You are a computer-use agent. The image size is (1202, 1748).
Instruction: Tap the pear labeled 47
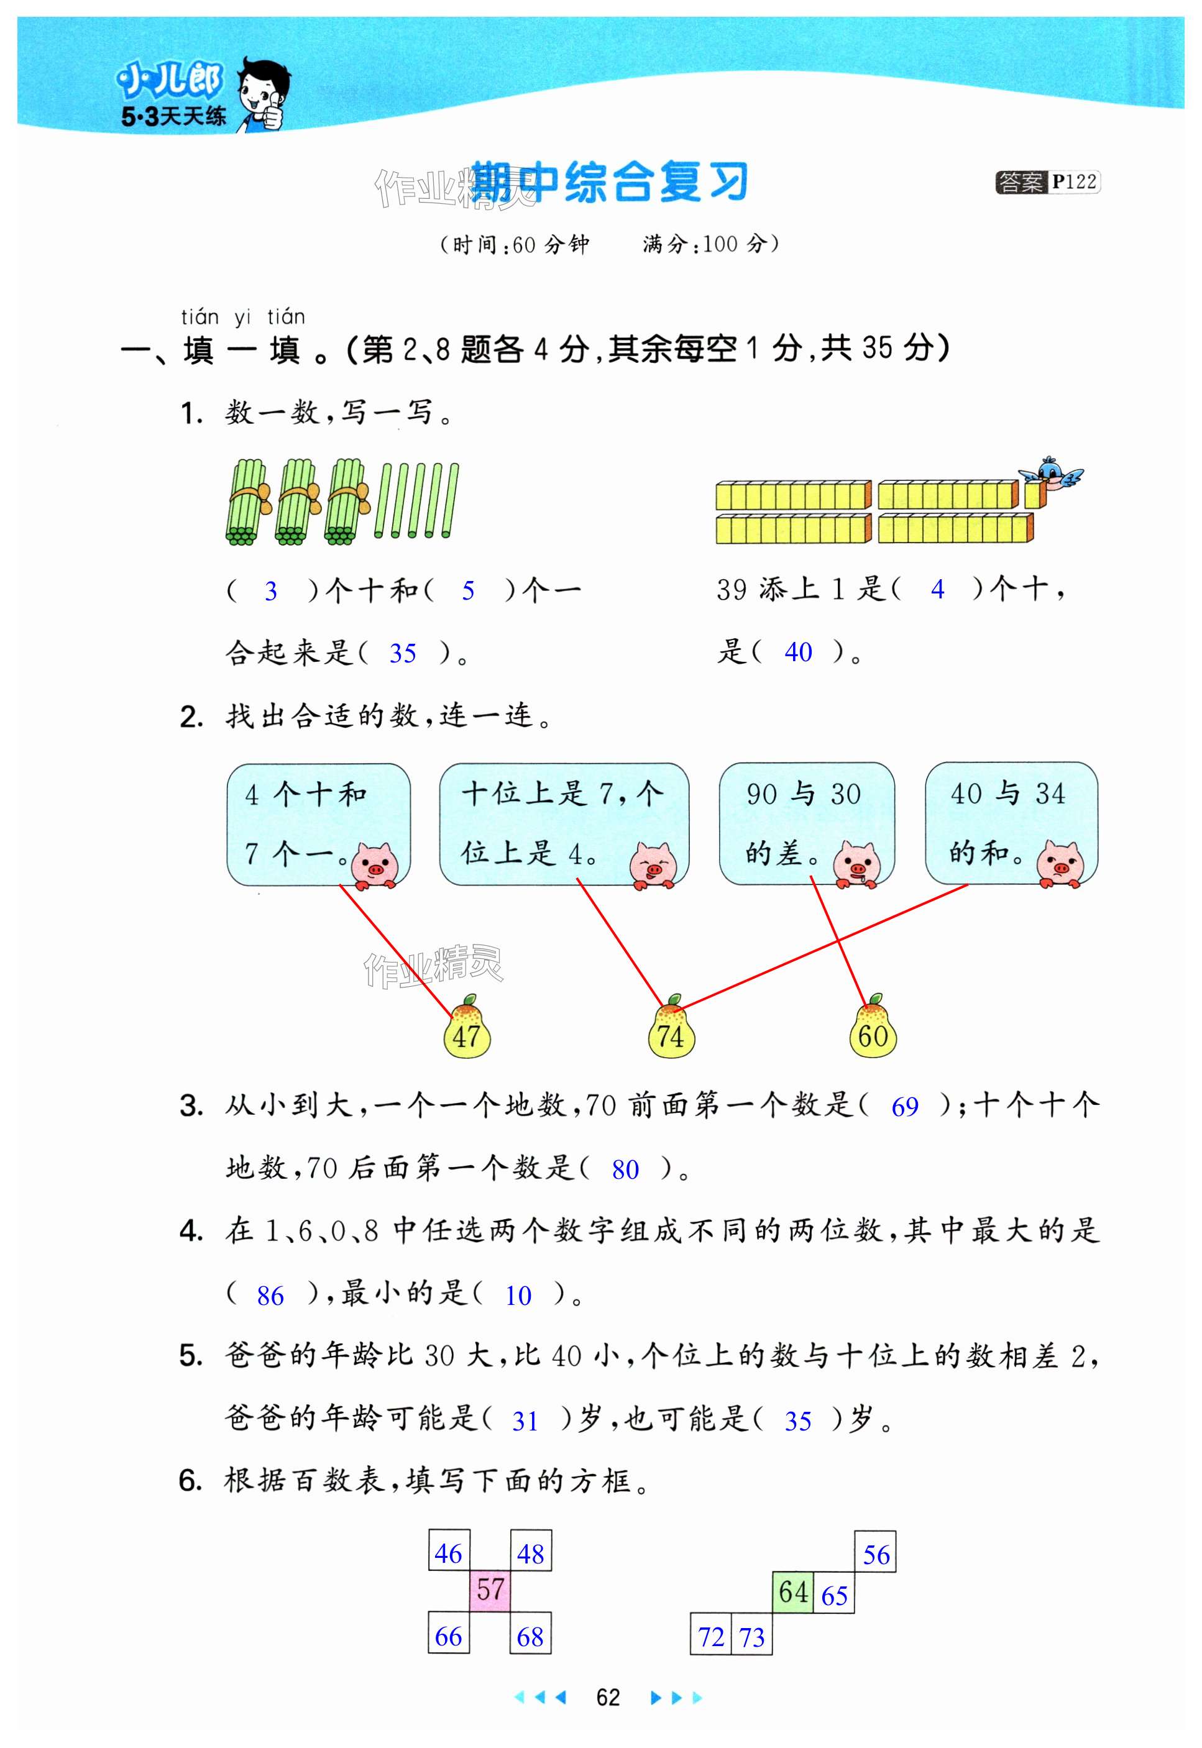click(467, 1028)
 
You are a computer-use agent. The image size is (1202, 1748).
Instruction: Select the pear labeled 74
click(670, 1028)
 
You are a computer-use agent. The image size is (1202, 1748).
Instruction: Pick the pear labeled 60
click(873, 1028)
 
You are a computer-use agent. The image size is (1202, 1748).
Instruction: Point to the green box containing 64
click(793, 1591)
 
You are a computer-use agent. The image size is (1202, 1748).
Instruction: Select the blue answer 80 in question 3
click(625, 1169)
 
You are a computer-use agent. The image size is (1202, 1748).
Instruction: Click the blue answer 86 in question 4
click(270, 1296)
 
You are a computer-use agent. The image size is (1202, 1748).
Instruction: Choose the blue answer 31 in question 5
click(525, 1421)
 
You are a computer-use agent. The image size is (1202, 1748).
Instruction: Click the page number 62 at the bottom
click(608, 1697)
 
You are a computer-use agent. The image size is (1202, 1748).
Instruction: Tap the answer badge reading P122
click(1048, 182)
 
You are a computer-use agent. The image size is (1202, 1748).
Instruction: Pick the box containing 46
click(449, 1551)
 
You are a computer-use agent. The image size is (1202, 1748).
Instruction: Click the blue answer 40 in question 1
click(798, 652)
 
